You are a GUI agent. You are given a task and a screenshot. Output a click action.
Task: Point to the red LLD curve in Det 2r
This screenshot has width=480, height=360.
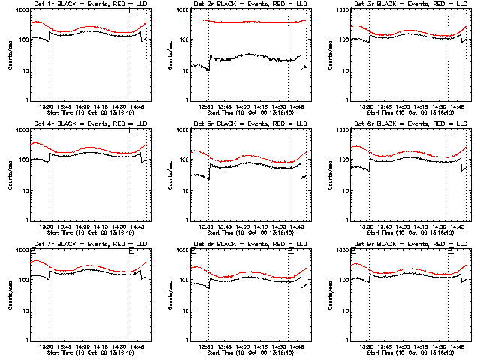click(247, 22)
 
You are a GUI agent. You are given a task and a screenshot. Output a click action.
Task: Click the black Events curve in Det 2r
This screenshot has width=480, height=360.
click(247, 55)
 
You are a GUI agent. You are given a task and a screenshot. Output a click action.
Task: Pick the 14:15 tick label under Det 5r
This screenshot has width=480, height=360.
click(260, 226)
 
